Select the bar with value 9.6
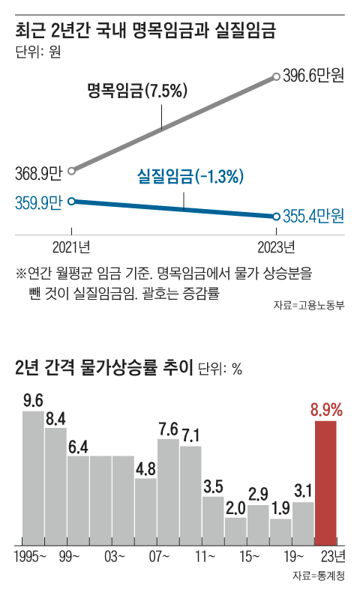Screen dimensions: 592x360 click(x=33, y=477)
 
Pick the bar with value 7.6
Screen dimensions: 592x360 click(x=168, y=491)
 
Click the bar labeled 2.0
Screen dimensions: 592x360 click(x=235, y=530)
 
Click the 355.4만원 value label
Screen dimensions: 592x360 click(x=313, y=217)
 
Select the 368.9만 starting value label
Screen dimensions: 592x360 click(x=37, y=173)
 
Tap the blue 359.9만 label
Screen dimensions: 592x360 click(x=37, y=202)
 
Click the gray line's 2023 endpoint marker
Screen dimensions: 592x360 click(x=277, y=76)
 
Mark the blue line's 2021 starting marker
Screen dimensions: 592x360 click(x=71, y=201)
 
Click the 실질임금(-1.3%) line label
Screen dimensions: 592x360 click(x=190, y=178)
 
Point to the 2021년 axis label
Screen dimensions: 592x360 click(x=71, y=246)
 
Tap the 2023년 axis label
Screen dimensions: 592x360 click(x=277, y=246)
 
